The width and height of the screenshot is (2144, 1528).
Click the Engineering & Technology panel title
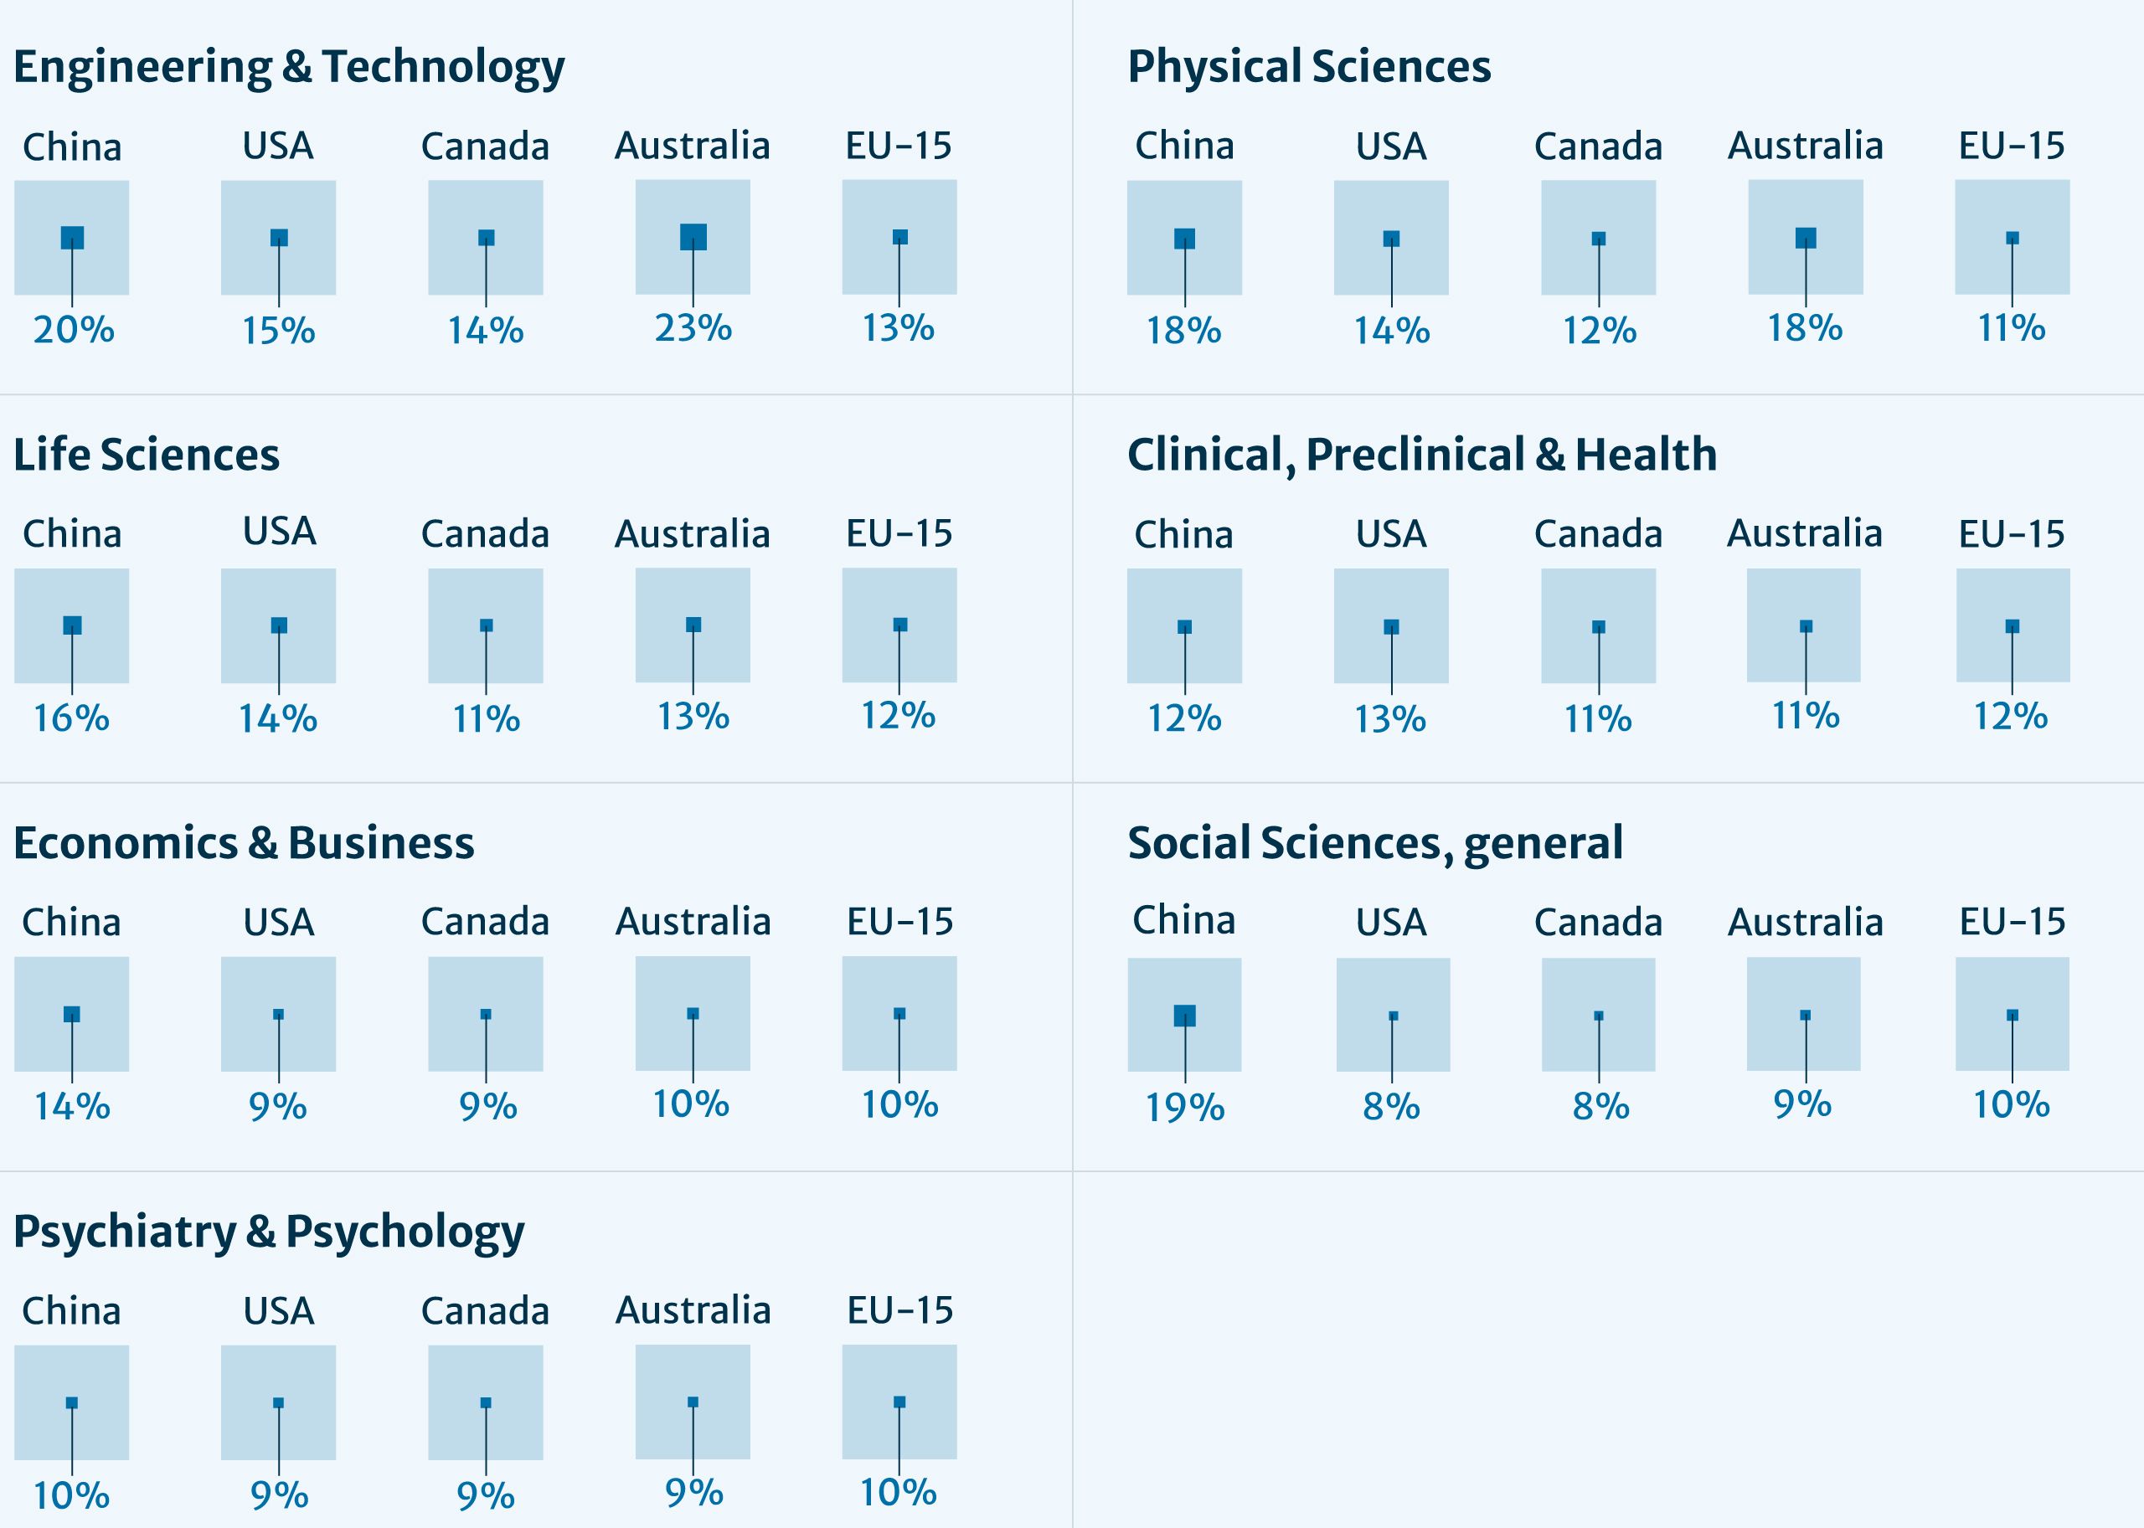point(288,68)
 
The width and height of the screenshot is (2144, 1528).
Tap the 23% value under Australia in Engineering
point(693,328)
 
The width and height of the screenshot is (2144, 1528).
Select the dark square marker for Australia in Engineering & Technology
point(693,237)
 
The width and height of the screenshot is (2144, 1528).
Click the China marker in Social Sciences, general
point(1184,1016)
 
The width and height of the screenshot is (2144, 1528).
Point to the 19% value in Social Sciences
point(1184,1108)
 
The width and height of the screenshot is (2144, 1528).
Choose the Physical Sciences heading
point(1308,68)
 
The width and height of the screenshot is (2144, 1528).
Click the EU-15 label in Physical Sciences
point(2012,146)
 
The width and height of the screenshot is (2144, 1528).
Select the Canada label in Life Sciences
point(485,534)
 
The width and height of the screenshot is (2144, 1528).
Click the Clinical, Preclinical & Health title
point(1421,455)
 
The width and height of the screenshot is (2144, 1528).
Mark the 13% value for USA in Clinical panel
point(1390,720)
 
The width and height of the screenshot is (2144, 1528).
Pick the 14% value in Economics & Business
point(71,1107)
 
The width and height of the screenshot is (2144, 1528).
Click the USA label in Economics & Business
point(279,922)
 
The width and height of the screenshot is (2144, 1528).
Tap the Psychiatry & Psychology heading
point(268,1232)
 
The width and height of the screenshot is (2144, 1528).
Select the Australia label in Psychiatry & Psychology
point(693,1310)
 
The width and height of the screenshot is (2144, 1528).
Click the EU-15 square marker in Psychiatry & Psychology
point(899,1402)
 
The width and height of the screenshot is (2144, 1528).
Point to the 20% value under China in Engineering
point(74,330)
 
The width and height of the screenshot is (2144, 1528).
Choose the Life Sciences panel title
point(146,455)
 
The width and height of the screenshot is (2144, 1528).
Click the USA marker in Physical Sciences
point(1391,239)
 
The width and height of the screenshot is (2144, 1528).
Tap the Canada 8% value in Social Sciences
point(1600,1108)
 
